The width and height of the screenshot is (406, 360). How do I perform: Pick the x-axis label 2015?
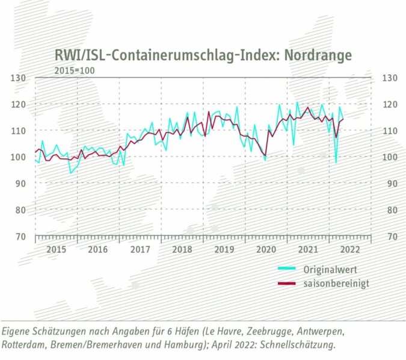[56, 249]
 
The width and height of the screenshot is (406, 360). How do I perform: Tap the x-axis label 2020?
[266, 249]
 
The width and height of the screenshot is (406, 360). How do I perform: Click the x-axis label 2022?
[350, 249]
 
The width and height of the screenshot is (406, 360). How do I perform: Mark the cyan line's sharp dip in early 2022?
[336, 162]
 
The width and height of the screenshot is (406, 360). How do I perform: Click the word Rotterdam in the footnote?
[25, 345]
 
